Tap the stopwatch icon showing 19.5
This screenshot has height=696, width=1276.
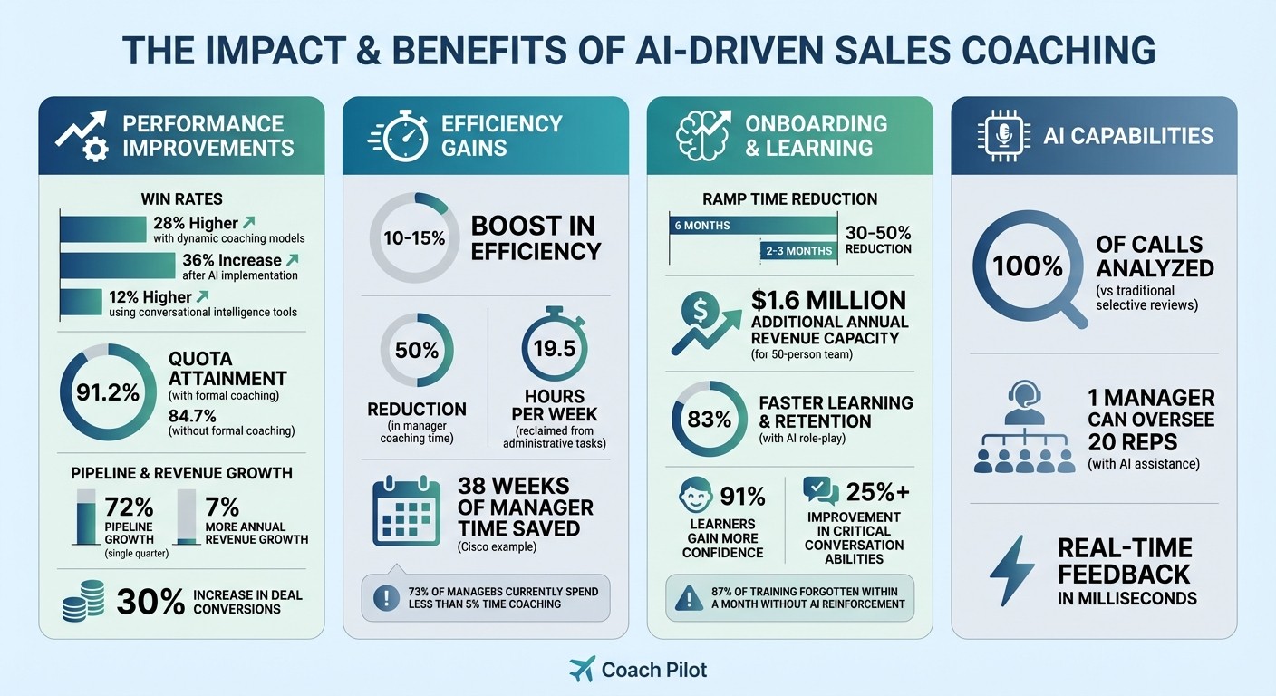click(x=554, y=348)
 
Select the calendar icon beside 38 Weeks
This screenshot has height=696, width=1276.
click(x=406, y=512)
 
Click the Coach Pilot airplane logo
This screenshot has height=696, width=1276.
click(x=582, y=670)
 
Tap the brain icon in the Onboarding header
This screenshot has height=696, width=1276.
click(x=702, y=136)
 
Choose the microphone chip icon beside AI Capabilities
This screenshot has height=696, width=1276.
click(x=1003, y=137)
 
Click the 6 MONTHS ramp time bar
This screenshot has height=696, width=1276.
click(x=752, y=226)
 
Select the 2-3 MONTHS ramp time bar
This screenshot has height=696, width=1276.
click(x=797, y=250)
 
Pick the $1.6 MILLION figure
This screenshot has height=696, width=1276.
click(x=827, y=300)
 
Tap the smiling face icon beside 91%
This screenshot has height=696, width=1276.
click(x=693, y=497)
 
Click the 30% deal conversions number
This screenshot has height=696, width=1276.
click(x=152, y=602)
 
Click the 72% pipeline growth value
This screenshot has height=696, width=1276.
click(x=129, y=506)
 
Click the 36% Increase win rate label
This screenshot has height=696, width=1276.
click(x=232, y=261)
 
